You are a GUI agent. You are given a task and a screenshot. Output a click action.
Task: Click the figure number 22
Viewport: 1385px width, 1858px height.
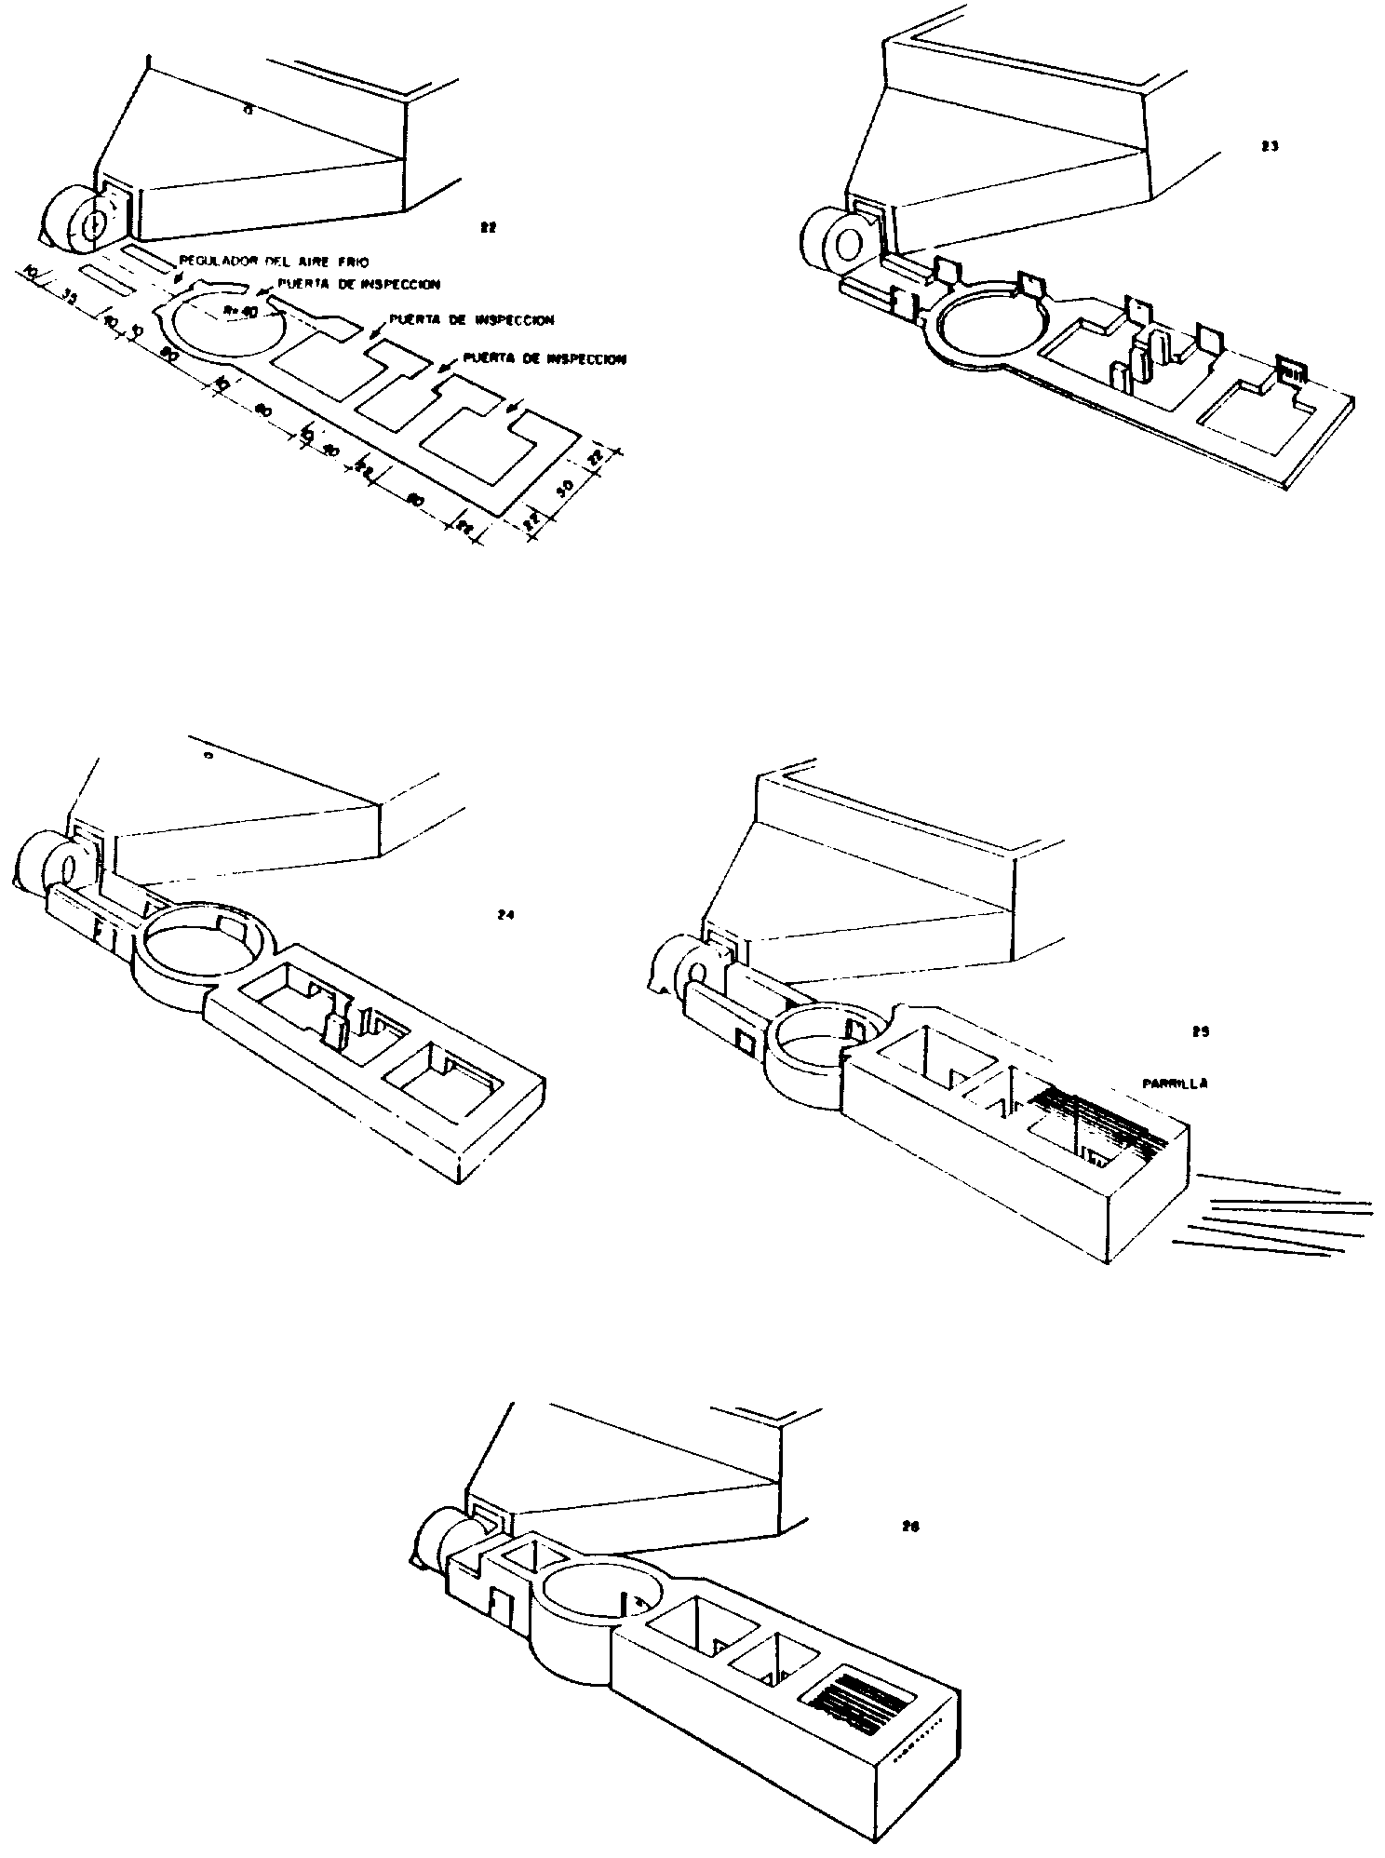485,226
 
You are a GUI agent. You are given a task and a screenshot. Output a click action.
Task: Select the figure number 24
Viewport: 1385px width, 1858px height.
505,915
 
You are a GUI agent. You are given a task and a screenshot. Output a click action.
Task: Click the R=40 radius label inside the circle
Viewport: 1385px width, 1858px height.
245,312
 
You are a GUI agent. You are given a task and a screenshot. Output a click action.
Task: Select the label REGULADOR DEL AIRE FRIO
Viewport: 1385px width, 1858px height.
261,263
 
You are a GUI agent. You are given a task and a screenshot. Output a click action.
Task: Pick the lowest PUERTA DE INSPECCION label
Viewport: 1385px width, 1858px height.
545,357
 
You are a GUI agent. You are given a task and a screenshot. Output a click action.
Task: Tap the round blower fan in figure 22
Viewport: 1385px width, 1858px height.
74,223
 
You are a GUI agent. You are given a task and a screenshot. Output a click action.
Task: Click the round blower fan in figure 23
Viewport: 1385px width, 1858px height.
838,244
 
